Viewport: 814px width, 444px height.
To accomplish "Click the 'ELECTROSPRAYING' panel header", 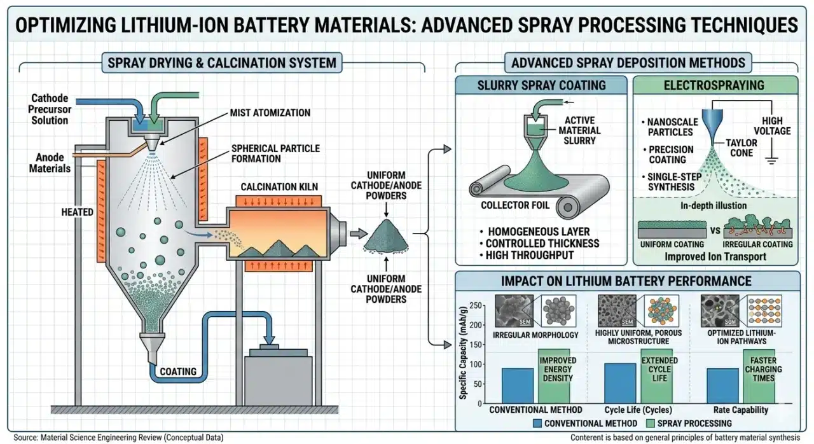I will point(715,85).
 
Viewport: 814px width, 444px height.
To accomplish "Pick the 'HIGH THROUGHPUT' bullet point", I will point(530,255).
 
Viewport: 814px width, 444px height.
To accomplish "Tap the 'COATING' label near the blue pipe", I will point(177,371).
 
